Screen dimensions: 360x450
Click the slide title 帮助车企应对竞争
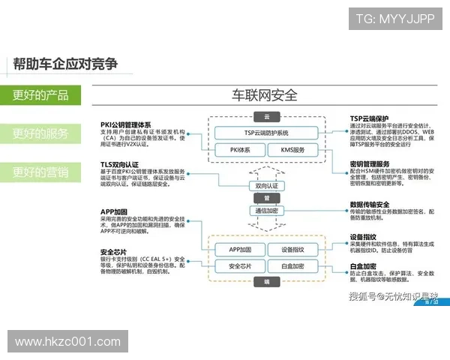[66, 64]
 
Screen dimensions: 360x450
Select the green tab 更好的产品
[41, 95]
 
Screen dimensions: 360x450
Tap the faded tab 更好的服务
[41, 133]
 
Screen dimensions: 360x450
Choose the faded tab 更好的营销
[41, 172]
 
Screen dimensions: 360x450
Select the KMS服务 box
[293, 150]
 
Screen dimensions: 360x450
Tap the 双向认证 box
[266, 185]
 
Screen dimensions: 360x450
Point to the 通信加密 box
[266, 211]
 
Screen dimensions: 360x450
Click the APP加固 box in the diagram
[235, 249]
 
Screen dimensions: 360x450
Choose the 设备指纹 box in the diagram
[292, 249]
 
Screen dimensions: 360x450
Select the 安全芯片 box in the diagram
[235, 266]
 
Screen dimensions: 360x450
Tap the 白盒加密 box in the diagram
[292, 266]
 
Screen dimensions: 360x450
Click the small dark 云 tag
[266, 116]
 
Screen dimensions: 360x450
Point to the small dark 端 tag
[266, 283]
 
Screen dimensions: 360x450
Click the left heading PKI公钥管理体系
[126, 124]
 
